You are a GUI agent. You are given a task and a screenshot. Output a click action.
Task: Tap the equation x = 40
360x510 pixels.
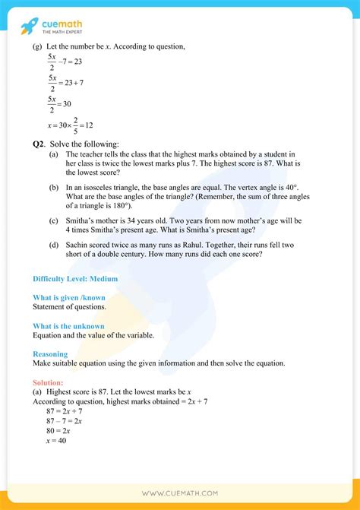(56, 440)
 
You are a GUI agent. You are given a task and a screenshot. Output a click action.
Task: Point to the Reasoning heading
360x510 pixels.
(50, 353)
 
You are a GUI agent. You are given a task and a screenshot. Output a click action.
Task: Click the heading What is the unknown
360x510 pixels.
(69, 325)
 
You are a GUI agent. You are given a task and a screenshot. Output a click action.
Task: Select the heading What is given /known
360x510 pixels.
(71, 297)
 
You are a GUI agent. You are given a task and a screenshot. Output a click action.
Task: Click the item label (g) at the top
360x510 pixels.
(37, 48)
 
